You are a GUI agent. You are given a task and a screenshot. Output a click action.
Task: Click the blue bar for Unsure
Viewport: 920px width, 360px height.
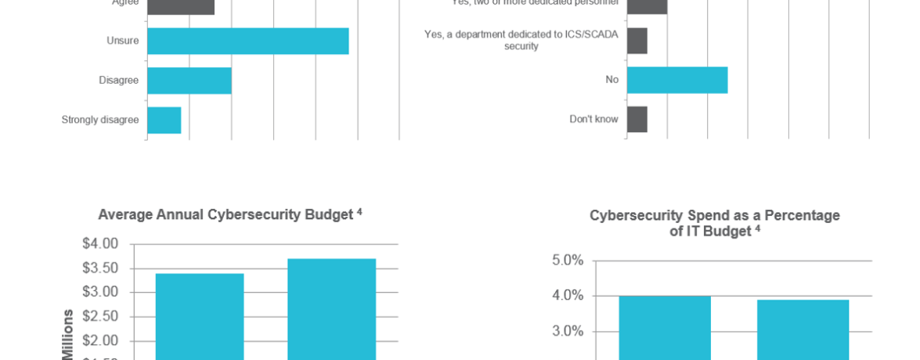[x=247, y=41]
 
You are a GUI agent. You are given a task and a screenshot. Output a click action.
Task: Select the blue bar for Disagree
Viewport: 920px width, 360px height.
[x=189, y=81]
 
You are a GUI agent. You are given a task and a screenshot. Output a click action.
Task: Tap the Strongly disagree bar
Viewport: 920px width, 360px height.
[x=164, y=120]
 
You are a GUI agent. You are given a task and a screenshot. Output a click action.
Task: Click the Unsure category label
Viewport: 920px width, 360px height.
[x=122, y=41]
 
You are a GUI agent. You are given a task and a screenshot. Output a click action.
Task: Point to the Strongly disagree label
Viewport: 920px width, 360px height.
[x=100, y=120]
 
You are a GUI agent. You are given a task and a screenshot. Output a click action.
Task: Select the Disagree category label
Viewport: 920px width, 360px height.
[x=118, y=80]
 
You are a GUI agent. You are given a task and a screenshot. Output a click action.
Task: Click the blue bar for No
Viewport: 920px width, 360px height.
[x=677, y=80]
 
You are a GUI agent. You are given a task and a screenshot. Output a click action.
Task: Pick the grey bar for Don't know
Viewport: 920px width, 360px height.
[x=637, y=120]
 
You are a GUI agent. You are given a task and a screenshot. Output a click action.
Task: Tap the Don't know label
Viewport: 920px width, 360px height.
[x=593, y=120]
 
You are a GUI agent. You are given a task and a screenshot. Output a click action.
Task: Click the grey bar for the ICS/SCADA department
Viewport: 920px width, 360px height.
[x=637, y=41]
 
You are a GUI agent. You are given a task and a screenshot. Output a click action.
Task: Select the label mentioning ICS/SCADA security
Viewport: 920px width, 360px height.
[x=521, y=40]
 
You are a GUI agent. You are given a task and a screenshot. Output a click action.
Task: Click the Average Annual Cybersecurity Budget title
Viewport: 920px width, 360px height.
[x=229, y=214]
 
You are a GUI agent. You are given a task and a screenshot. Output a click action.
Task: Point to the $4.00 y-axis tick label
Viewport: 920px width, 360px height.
[x=100, y=243]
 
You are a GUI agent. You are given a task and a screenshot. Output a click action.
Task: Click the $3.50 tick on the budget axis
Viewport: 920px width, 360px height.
[x=100, y=268]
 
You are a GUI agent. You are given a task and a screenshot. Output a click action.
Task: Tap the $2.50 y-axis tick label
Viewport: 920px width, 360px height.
[x=100, y=316]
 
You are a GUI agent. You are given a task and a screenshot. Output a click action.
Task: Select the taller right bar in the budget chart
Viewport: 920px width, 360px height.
[x=332, y=309]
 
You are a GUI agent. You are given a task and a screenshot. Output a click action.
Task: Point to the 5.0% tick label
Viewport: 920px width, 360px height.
[x=568, y=260]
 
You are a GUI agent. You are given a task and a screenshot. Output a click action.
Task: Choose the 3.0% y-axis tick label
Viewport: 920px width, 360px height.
[x=568, y=331]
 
